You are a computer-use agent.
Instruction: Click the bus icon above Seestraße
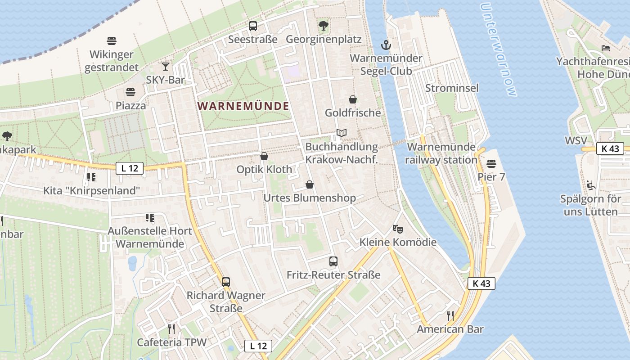(252, 26)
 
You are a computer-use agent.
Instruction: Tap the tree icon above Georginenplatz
(323, 26)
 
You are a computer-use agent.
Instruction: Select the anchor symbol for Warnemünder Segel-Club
(386, 45)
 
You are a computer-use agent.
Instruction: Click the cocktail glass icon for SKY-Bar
(166, 67)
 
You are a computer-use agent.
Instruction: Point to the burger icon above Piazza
(130, 92)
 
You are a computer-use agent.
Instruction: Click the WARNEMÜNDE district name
(243, 106)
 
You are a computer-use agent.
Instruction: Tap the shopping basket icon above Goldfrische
(353, 99)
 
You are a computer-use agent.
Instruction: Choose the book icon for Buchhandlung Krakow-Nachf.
(342, 133)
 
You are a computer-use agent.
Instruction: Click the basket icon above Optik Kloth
(264, 156)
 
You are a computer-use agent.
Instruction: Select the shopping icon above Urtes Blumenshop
(310, 184)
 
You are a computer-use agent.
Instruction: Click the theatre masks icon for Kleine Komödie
(397, 229)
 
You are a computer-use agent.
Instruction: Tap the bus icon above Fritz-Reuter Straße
(333, 261)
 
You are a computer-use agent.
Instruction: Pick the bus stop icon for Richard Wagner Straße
(226, 282)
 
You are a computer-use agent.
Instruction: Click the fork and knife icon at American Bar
(450, 315)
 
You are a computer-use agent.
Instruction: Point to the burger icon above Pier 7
(491, 164)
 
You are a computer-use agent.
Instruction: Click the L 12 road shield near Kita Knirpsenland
(130, 168)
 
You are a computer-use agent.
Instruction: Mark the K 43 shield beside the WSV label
(610, 148)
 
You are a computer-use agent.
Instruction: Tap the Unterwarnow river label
(499, 49)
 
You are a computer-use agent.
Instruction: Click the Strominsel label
(452, 88)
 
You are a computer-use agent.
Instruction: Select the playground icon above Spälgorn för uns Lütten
(590, 185)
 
